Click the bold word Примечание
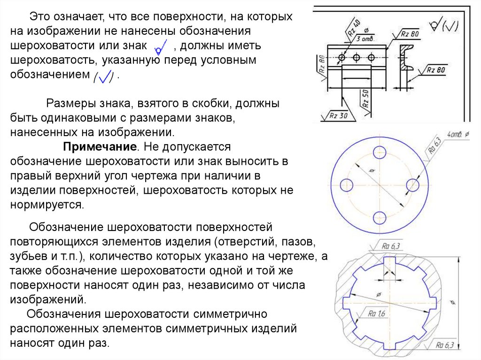point(100,147)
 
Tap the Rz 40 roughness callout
point(354,31)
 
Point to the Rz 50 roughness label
point(365,101)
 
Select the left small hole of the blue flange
point(346,184)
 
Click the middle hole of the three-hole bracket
point(357,58)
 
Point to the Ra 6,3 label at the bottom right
point(443,346)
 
